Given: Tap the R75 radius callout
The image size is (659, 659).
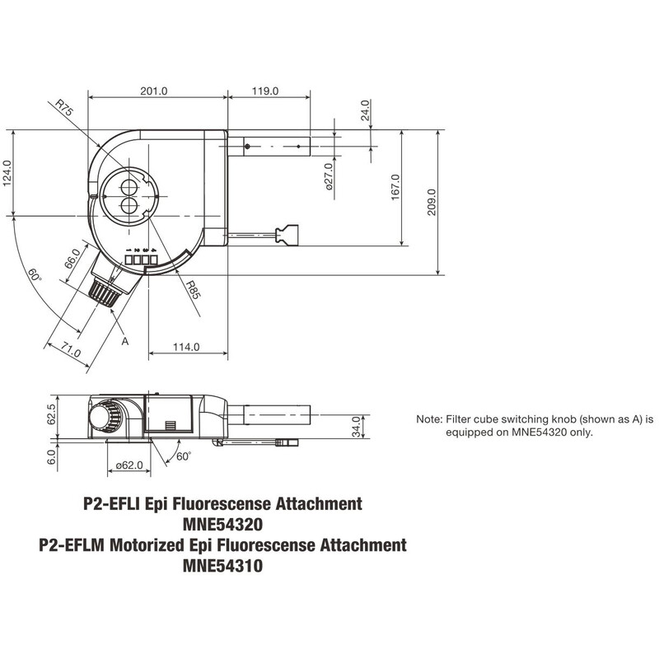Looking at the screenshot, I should tap(66, 111).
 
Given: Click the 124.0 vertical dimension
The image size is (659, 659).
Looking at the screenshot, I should tap(8, 174).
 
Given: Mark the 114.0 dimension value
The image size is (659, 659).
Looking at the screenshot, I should tap(187, 348).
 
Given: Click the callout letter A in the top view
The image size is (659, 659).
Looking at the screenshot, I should tap(124, 339).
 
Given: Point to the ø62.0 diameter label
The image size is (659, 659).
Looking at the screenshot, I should tap(129, 466).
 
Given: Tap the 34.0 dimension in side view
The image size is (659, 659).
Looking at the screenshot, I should tap(356, 427).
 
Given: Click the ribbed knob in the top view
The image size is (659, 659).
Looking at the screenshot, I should tap(105, 292).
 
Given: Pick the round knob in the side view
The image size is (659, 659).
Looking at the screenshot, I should tap(105, 417).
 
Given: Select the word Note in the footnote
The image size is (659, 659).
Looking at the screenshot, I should tap(429, 419).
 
